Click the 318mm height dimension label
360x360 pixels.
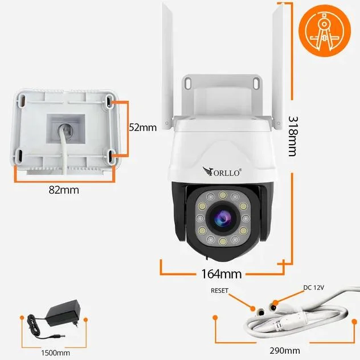(293, 136)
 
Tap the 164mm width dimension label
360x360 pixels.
(222, 273)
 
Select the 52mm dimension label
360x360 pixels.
(142, 128)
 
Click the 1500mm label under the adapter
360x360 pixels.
(55, 353)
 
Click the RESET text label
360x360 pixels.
(219, 291)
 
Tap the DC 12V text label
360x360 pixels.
(313, 288)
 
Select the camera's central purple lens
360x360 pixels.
(221, 216)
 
